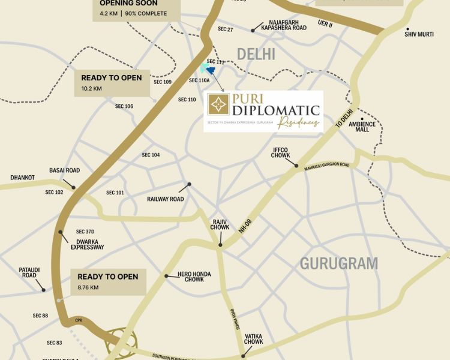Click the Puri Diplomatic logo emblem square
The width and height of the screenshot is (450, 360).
point(218,104)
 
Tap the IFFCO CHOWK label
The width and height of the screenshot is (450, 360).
point(281,152)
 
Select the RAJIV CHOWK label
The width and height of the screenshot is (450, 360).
point(220,224)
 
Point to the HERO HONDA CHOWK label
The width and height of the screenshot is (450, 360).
point(194,277)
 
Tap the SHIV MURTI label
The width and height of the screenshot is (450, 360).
point(419,34)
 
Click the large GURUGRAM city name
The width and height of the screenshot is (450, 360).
point(339,263)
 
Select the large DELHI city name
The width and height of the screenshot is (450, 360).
point(256,54)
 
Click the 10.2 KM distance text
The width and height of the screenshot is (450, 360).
point(92,88)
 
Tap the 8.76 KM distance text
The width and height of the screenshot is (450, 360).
point(88,287)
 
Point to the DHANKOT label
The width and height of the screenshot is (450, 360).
point(22,178)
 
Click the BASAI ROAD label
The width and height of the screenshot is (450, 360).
point(64,170)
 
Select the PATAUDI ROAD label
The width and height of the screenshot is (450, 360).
point(29,273)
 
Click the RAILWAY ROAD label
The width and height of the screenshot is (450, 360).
point(165,199)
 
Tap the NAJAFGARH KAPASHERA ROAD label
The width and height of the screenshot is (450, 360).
point(279,25)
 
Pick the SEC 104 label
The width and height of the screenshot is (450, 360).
point(151,155)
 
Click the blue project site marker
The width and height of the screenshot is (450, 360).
point(210,70)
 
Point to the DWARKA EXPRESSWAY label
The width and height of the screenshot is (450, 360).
point(87,244)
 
